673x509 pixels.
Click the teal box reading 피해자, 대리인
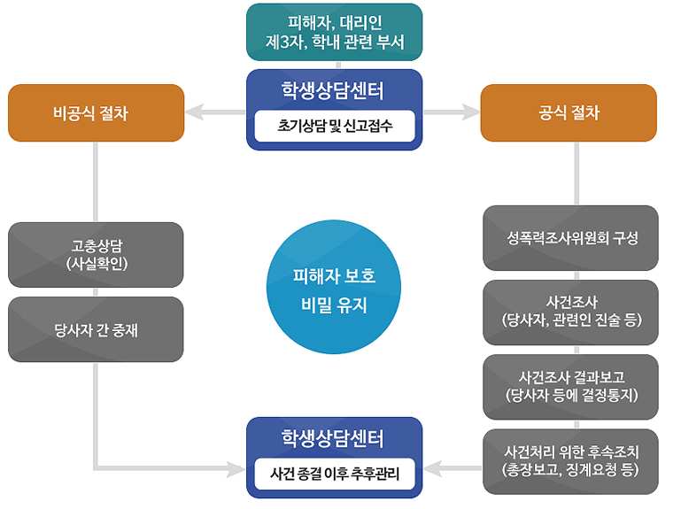pyautogui.click(x=335, y=31)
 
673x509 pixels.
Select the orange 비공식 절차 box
pyautogui.click(x=96, y=112)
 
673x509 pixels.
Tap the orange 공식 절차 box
pyautogui.click(x=569, y=112)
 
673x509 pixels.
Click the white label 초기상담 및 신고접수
pyautogui.click(x=335, y=126)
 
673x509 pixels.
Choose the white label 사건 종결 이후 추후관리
pyautogui.click(x=335, y=474)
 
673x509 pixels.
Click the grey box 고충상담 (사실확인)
pyautogui.click(x=96, y=254)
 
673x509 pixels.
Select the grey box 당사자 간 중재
pyautogui.click(x=96, y=329)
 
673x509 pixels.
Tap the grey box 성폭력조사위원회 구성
pyautogui.click(x=571, y=238)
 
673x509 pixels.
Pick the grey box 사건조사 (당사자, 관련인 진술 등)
pyautogui.click(x=571, y=312)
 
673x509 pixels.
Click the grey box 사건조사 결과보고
pyautogui.click(x=571, y=386)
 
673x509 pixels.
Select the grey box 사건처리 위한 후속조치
pyautogui.click(x=571, y=461)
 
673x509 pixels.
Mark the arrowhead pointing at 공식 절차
pyautogui.click(x=471, y=112)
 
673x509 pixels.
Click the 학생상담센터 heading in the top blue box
pyautogui.click(x=335, y=90)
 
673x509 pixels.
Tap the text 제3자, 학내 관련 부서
pyautogui.click(x=335, y=41)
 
